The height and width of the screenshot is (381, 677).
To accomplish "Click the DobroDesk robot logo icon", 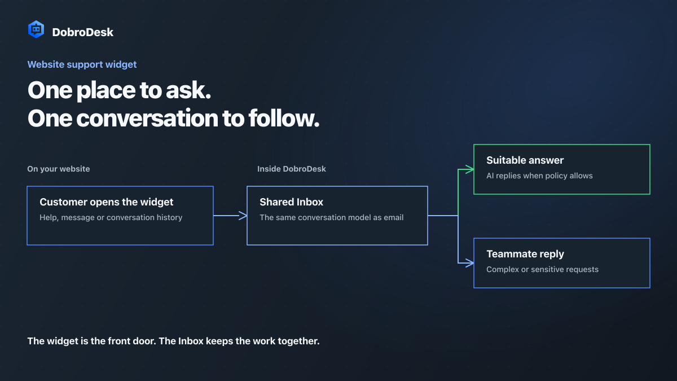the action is tap(36, 29).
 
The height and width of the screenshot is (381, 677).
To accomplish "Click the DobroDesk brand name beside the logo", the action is tap(82, 32).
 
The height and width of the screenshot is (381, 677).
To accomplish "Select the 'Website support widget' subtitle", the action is tap(82, 64).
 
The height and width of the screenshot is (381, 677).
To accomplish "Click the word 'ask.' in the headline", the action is tap(188, 90).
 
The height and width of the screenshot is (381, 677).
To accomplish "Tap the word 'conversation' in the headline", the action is tap(147, 118).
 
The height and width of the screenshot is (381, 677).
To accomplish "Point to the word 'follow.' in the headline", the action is tap(284, 118).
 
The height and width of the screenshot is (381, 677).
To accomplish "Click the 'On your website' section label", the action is tap(59, 169).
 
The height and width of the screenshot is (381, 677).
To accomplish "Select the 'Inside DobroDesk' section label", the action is tap(291, 169).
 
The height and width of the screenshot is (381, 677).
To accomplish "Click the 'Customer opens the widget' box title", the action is tap(107, 202).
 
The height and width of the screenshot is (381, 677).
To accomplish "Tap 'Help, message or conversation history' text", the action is tap(111, 217).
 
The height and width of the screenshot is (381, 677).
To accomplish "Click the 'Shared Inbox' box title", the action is tap(291, 202).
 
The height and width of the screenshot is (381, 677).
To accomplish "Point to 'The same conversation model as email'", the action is tap(332, 217).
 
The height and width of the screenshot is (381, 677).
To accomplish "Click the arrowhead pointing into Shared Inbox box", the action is tap(243, 216).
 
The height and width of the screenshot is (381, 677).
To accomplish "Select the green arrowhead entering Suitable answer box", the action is tap(469, 169).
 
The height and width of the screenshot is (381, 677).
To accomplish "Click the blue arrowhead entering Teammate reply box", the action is tap(469, 263).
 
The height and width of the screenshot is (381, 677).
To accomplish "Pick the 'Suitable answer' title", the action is tap(525, 160).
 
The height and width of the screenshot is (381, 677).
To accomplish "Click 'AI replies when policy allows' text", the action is tap(539, 176).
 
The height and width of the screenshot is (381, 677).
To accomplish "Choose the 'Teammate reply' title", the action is tap(525, 254).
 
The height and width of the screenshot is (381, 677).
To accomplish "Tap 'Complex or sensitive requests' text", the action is tap(542, 269).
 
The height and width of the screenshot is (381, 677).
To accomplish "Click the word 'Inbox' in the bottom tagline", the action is tap(191, 341).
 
